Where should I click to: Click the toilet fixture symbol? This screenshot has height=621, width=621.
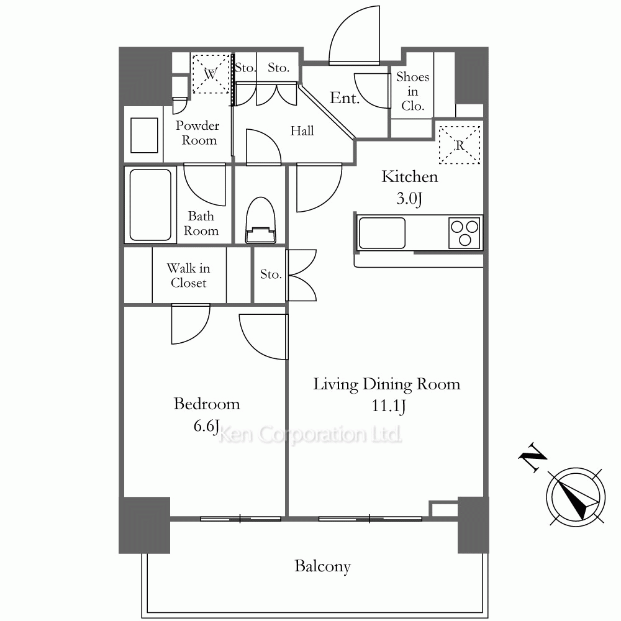click(260, 220)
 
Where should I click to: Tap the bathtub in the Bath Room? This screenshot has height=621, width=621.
click(150, 204)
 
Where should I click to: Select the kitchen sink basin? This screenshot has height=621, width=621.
click(382, 233)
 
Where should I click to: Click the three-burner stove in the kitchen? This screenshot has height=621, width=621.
click(465, 233)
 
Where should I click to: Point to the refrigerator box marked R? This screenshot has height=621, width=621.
click(460, 145)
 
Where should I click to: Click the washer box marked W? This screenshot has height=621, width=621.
click(211, 74)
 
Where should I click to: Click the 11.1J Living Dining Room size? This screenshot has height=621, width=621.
click(389, 406)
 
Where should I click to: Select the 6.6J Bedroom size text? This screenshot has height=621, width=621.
click(206, 426)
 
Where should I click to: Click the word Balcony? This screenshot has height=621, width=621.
click(322, 566)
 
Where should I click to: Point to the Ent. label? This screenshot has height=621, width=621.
click(345, 98)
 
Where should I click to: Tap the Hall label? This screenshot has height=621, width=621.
click(302, 130)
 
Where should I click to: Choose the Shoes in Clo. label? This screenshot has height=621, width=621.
click(413, 91)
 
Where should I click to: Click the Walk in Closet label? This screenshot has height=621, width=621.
click(189, 275)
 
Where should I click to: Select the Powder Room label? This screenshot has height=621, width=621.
click(197, 133)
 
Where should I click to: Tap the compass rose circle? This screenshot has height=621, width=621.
click(576, 497)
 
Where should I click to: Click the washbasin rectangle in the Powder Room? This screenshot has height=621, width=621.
click(144, 135)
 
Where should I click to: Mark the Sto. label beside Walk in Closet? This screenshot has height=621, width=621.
click(271, 274)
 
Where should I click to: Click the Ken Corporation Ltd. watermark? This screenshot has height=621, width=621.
click(310, 435)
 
